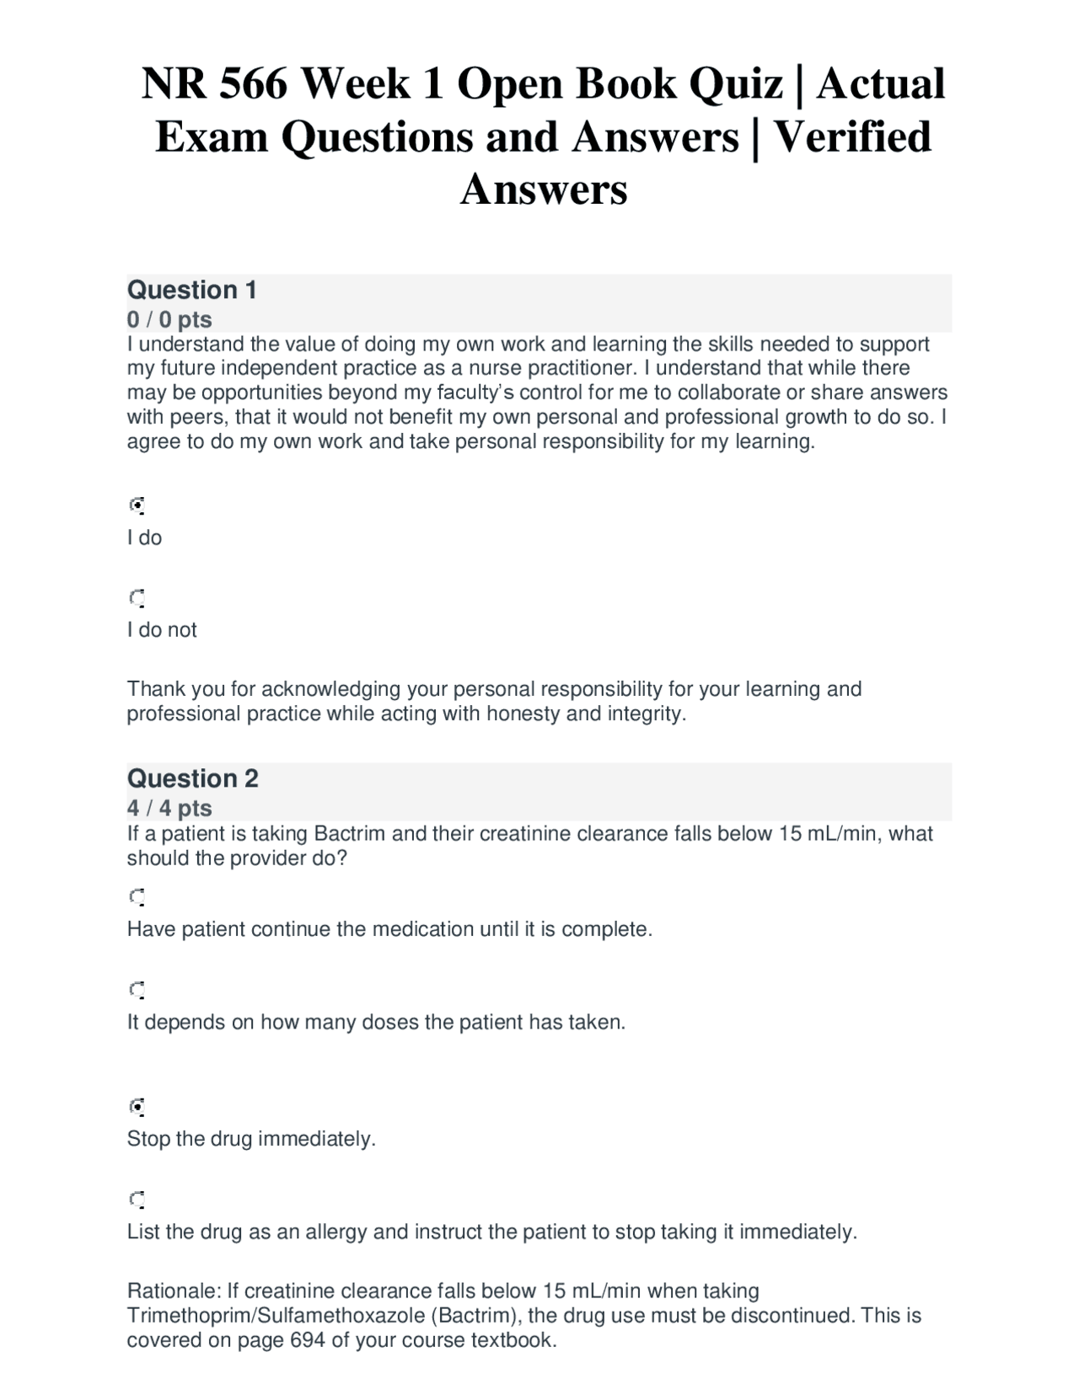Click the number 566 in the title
coord(253,84)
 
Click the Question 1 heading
coord(191,290)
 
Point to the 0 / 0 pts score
coord(169,319)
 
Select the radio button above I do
coord(137,505)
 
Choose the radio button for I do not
coord(137,598)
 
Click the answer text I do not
coord(162,630)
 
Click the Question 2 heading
coord(192,778)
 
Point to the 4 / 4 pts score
coord(169,808)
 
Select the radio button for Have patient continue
coord(137,896)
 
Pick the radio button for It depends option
coord(137,989)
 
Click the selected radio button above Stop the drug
coord(137,1106)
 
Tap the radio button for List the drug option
coord(137,1199)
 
